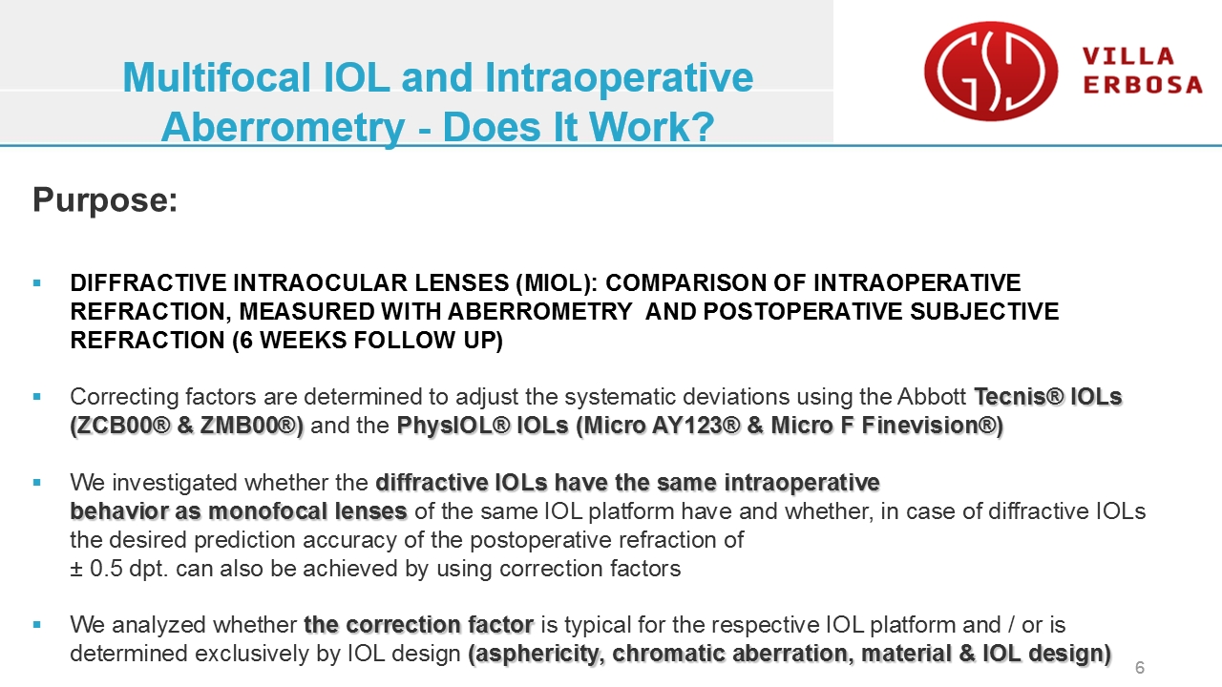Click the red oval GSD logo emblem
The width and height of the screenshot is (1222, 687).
991,71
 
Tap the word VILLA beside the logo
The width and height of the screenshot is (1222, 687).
1128,56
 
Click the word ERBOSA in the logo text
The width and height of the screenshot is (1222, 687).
1143,85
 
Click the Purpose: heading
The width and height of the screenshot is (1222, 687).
105,200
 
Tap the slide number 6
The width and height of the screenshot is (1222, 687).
1140,667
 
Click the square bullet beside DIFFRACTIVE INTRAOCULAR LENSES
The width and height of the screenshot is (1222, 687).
36,282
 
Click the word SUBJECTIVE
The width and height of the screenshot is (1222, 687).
984,312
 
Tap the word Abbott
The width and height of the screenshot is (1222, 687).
932,397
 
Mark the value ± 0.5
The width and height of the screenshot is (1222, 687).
96,569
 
